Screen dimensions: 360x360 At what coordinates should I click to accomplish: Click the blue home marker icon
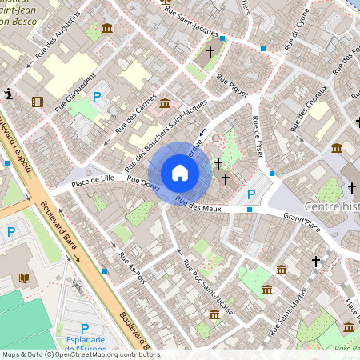180,173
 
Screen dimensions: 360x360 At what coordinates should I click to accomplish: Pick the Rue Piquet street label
231,86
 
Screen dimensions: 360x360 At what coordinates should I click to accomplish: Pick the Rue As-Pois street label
132,269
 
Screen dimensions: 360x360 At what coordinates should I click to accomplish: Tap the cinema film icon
38,102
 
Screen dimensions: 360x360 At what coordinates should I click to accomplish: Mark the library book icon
24,278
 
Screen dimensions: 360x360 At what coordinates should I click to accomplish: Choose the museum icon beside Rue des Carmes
164,103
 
